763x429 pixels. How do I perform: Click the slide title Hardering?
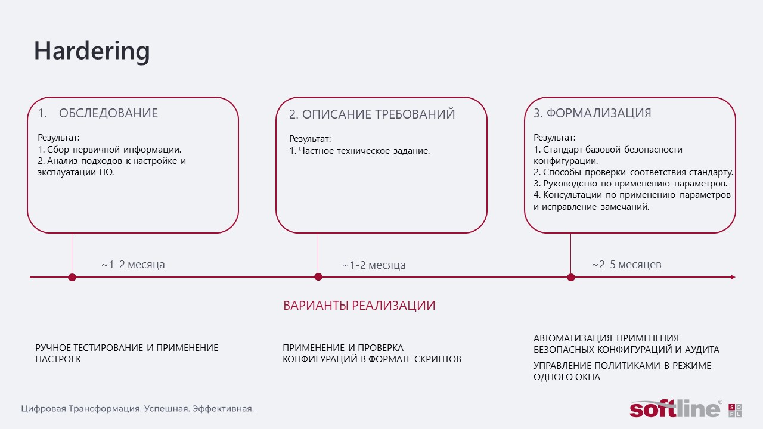click(92, 51)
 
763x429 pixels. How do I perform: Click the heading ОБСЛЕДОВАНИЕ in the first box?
click(108, 113)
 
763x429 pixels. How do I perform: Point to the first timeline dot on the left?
click(72, 277)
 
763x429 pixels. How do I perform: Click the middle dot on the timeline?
click(318, 277)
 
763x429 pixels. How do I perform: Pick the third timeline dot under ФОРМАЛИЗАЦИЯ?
click(571, 277)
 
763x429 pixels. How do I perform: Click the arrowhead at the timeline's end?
click(733, 277)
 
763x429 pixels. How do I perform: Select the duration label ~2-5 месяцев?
click(626, 265)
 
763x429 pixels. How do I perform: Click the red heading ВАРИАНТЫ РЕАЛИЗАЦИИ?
click(359, 306)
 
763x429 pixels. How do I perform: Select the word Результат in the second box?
click(309, 139)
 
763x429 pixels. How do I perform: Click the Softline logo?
click(686, 409)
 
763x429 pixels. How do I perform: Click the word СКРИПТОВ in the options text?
click(438, 359)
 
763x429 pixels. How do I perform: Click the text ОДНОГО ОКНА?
click(567, 377)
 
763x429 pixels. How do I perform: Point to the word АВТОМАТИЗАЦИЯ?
click(573, 338)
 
